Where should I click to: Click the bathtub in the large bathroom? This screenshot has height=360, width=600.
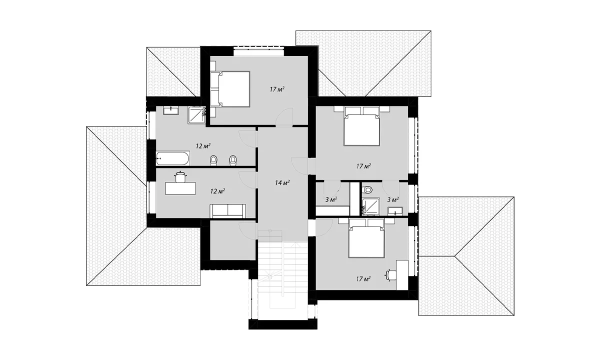click(x=173, y=159)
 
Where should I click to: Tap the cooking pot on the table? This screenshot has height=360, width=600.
click(x=180, y=177)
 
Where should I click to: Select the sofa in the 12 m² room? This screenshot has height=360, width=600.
click(x=227, y=211)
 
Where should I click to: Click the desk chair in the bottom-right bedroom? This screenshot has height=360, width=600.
click(x=391, y=275)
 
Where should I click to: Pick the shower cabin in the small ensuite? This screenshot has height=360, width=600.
click(x=370, y=206)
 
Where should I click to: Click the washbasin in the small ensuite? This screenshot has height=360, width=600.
click(x=395, y=211)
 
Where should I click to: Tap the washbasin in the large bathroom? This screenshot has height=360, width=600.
click(x=171, y=110)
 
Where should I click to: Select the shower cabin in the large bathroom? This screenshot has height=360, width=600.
click(x=197, y=115)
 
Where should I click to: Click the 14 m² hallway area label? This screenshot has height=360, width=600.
click(x=282, y=183)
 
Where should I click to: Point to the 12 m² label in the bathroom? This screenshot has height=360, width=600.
click(x=203, y=146)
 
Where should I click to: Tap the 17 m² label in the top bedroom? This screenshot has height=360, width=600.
click(x=277, y=89)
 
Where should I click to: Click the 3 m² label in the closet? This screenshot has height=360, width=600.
click(x=331, y=199)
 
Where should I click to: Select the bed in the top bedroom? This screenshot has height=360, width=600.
click(x=230, y=89)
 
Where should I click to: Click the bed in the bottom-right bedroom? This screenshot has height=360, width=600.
click(x=366, y=238)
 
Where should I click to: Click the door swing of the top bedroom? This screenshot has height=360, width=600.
click(x=284, y=117)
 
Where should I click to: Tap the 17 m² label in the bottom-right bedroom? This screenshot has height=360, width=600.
click(x=363, y=279)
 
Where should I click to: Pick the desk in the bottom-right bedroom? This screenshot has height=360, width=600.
click(x=402, y=274)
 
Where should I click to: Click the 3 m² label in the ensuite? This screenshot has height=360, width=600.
click(x=393, y=199)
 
